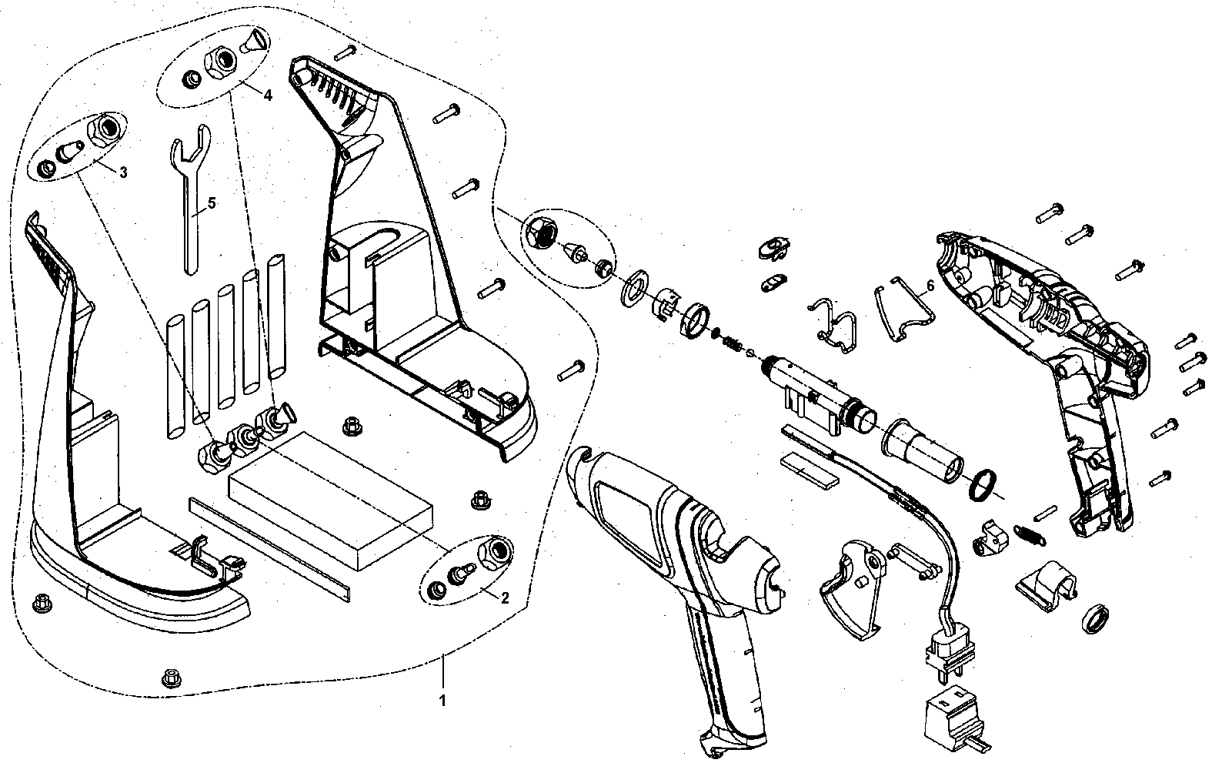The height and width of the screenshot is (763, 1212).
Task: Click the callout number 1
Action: pyautogui.click(x=442, y=700)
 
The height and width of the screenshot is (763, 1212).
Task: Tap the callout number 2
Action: pyautogui.click(x=505, y=597)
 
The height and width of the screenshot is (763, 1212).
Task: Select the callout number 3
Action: pyautogui.click(x=123, y=172)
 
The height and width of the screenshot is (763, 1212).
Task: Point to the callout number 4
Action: pyautogui.click(x=269, y=95)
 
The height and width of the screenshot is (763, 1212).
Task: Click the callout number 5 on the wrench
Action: pyautogui.click(x=212, y=203)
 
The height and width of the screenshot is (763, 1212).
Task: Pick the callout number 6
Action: pyautogui.click(x=930, y=286)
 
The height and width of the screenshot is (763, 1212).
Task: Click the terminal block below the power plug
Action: pyautogui.click(x=955, y=722)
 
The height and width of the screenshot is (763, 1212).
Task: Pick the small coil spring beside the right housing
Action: pyautogui.click(x=1029, y=535)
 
